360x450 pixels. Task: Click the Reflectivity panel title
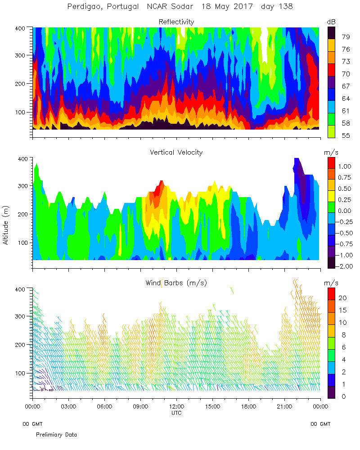(176, 22)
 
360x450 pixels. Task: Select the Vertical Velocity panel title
(176, 152)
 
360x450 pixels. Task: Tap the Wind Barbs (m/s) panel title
(176, 283)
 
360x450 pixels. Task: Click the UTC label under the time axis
(176, 412)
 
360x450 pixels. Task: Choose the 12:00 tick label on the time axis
(176, 406)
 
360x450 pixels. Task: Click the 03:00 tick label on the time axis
(68, 406)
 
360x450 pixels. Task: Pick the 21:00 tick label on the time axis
(284, 406)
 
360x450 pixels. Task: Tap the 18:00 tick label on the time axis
(248, 406)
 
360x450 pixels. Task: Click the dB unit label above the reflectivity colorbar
(331, 22)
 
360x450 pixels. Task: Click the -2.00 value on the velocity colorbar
(346, 266)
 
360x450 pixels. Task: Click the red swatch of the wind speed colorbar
(331, 293)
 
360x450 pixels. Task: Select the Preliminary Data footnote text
(56, 435)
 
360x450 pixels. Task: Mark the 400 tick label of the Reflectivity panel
(22, 28)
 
